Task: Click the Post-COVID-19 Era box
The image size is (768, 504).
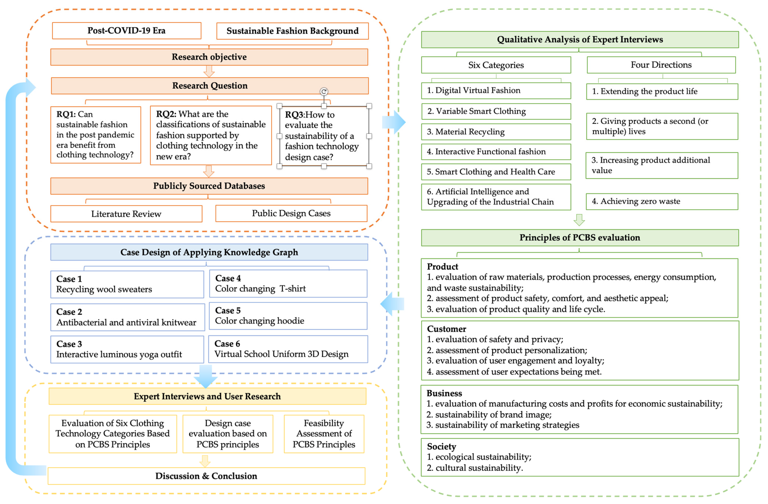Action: click(x=126, y=31)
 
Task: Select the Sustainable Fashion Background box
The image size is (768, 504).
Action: click(x=292, y=31)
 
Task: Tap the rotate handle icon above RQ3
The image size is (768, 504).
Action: click(x=324, y=92)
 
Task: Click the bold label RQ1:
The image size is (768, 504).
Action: click(x=66, y=114)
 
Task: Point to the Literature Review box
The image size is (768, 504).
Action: click(x=126, y=214)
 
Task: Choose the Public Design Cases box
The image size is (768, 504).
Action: click(x=291, y=213)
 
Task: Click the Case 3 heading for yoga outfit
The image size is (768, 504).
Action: click(x=69, y=344)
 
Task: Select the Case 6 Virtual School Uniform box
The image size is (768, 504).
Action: click(x=288, y=349)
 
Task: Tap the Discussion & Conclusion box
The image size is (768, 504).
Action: click(x=206, y=476)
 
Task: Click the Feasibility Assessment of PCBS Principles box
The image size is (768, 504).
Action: click(x=324, y=434)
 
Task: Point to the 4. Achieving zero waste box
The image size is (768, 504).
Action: click(x=662, y=201)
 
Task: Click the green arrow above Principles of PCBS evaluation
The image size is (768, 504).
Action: click(x=579, y=220)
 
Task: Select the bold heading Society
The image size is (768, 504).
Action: click(x=441, y=447)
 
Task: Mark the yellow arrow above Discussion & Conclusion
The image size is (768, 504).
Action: click(x=205, y=461)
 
